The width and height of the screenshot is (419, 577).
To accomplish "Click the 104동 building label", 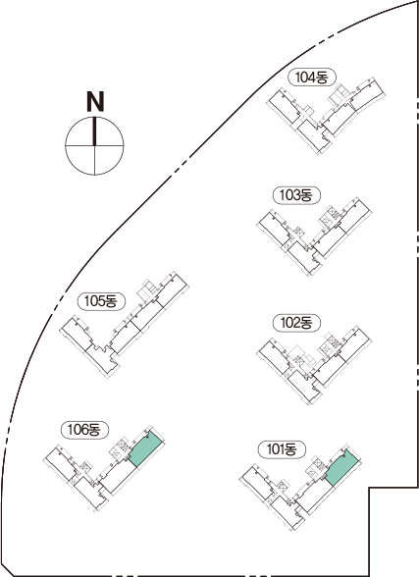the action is (312, 78).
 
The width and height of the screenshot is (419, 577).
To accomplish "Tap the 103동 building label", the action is (296, 195).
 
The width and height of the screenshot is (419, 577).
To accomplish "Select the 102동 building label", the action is (296, 323).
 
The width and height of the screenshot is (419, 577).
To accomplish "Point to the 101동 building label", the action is (282, 449).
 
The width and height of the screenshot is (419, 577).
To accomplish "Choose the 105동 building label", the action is (101, 301).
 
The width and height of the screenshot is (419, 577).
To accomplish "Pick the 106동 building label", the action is (84, 430).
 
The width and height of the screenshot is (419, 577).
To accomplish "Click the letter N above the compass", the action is (95, 101).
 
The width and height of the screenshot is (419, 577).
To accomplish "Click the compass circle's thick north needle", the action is (94, 131).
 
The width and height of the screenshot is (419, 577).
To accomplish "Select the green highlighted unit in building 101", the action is (341, 467).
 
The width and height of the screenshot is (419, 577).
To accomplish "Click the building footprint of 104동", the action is (326, 115).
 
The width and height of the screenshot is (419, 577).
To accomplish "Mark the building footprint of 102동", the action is (315, 364).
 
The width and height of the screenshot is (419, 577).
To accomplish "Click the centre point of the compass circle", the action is (94, 145).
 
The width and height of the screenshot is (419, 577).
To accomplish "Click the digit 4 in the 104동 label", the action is (310, 78).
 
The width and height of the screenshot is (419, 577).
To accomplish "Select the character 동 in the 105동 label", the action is (111, 301).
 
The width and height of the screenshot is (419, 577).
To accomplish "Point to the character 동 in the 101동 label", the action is (290, 449).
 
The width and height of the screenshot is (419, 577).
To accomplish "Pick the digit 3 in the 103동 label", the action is (294, 195).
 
